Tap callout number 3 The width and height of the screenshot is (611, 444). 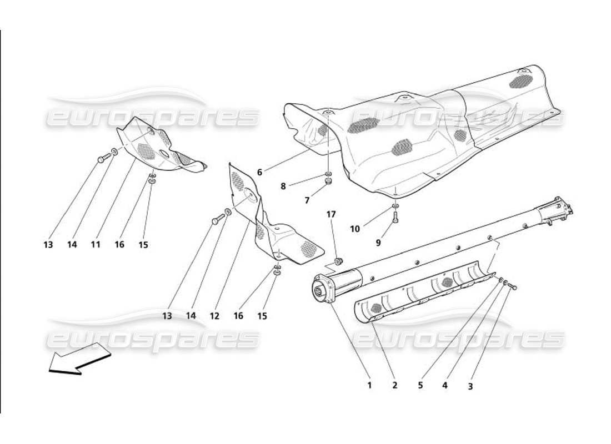coord(470,386)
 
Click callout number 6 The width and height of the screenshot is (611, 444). coord(259,172)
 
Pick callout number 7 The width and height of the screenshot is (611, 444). coord(307,200)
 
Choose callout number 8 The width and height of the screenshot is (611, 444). coord(283,186)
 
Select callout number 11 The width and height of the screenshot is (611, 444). coord(96,244)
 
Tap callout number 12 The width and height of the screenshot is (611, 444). coord(214,316)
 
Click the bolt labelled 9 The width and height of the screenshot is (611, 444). coord(395,219)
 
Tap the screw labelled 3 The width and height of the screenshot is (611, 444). coord(512,287)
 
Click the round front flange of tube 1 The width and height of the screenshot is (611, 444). coord(322,289)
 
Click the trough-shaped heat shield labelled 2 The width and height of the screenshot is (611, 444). coord(422,294)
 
